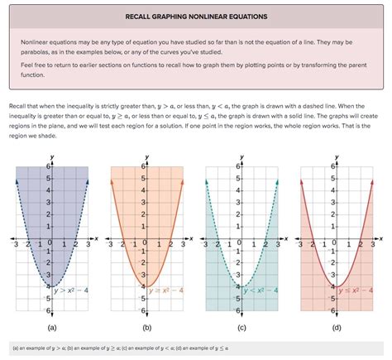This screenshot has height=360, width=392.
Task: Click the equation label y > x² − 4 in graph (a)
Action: click(72, 290)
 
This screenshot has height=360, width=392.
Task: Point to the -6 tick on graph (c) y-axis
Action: click(236, 310)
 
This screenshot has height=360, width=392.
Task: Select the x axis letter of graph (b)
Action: click(191, 238)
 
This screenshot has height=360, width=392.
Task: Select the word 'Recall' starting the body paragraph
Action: click(17, 108)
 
